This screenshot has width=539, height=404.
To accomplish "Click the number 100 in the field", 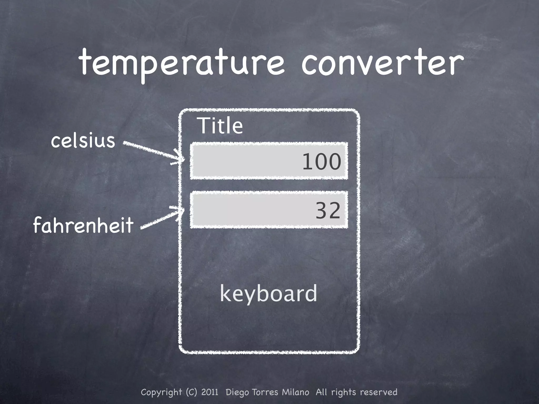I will pyautogui.click(x=322, y=161).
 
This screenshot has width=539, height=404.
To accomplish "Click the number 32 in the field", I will pyautogui.click(x=328, y=210).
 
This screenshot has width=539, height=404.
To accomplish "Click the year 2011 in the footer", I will pyautogui.click(x=210, y=392).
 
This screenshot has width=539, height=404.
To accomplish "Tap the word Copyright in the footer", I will pyautogui.click(x=161, y=392).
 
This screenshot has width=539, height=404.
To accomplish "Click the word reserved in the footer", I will pyautogui.click(x=378, y=392).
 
